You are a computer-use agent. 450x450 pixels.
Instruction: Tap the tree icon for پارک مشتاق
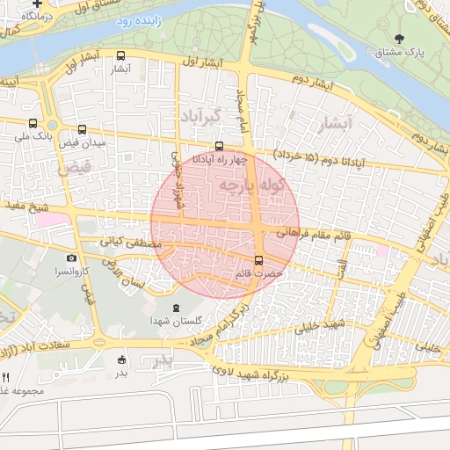click(x=401, y=39)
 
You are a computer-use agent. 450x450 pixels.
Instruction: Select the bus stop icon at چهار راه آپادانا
click(x=219, y=147)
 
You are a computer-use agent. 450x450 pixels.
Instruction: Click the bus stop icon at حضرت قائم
click(x=258, y=260)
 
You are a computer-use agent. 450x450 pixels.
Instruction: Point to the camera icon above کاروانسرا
click(x=72, y=258)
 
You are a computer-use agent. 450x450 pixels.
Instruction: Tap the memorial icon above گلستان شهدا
click(x=175, y=307)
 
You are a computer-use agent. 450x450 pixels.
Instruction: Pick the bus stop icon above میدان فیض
click(x=82, y=129)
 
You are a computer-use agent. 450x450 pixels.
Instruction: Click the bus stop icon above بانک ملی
click(x=33, y=124)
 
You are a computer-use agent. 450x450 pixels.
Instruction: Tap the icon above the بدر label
click(x=121, y=359)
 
